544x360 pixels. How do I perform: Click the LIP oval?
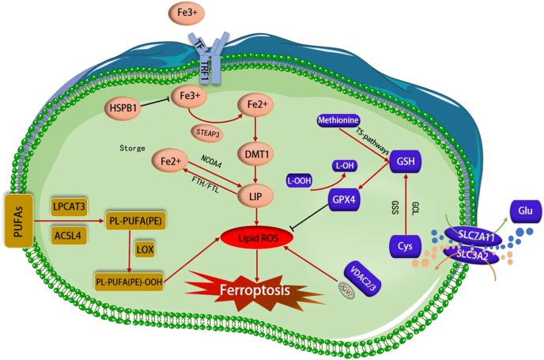coord(255,194)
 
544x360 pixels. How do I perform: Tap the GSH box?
coord(405,163)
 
